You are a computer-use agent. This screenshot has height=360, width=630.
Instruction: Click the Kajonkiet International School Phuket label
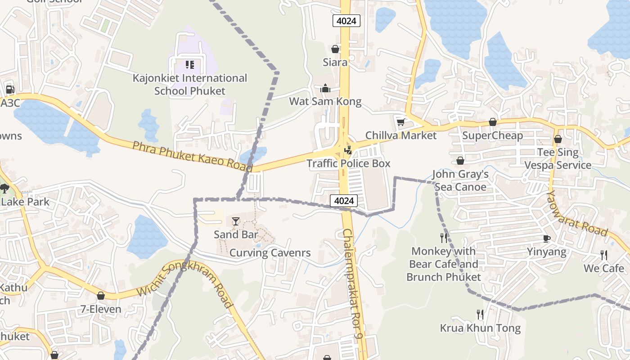[x=189, y=84]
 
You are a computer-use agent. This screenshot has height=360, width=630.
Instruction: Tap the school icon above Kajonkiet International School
[x=189, y=65]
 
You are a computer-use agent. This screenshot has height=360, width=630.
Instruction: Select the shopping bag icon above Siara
[x=335, y=49]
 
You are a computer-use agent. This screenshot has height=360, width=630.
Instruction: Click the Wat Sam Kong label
[x=325, y=101]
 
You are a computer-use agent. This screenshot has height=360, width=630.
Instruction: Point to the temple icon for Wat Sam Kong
[x=325, y=88]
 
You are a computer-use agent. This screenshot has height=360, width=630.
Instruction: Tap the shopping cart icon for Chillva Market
[x=400, y=122]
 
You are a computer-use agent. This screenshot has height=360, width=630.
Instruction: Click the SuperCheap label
[x=492, y=135]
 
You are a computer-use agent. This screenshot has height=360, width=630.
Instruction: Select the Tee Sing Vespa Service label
[x=558, y=159]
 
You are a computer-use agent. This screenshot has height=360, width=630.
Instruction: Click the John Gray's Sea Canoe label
[x=459, y=180]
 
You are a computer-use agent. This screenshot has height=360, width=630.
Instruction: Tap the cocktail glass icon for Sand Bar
[x=236, y=221]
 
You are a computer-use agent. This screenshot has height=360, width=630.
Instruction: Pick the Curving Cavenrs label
[x=270, y=253]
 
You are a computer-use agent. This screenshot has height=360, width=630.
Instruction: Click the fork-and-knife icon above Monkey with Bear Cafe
[x=444, y=238]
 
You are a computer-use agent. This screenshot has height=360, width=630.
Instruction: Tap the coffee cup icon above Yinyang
[x=547, y=238]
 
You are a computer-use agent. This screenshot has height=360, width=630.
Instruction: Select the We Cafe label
[x=603, y=268]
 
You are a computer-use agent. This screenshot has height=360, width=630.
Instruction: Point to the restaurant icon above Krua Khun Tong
[x=480, y=314]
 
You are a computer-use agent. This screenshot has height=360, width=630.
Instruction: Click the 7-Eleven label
[x=101, y=309]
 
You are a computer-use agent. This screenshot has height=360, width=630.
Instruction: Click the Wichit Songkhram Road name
[x=185, y=281]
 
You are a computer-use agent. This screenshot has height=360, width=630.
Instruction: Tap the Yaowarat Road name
[x=577, y=213]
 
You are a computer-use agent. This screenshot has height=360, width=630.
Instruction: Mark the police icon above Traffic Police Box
[x=348, y=150]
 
